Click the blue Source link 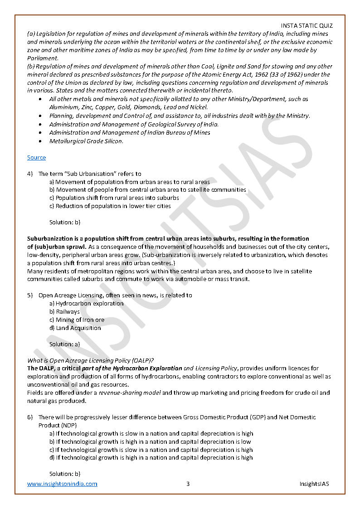click(36, 158)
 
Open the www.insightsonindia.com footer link click(62, 484)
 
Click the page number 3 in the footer click(188, 484)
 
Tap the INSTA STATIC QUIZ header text click(306, 26)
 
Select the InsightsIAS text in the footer click(314, 484)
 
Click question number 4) click(30, 174)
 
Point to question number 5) click(30, 295)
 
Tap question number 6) click(30, 417)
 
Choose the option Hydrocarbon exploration click(89, 303)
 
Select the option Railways click(68, 311)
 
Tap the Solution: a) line click(65, 344)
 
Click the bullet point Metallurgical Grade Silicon click(86, 141)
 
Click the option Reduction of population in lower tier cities click(113, 206)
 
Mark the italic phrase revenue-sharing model click(130, 393)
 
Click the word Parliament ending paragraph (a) click(43, 58)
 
